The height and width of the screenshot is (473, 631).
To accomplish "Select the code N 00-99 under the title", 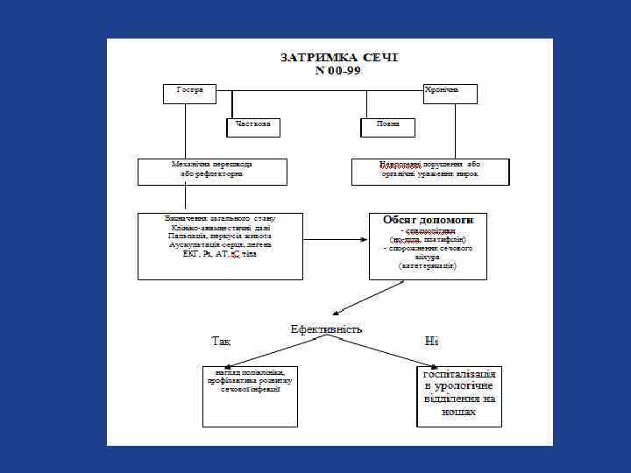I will pyautogui.click(x=338, y=71).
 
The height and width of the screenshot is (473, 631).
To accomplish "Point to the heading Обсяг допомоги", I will pyautogui.click(x=428, y=218).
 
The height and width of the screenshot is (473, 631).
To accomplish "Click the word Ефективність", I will pyautogui.click(x=326, y=329).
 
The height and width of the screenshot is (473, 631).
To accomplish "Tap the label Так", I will pyautogui.click(x=221, y=341).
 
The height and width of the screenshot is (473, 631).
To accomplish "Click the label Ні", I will pyautogui.click(x=431, y=341).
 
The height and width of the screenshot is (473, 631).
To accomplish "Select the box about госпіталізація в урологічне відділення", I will pyautogui.click(x=459, y=394).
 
